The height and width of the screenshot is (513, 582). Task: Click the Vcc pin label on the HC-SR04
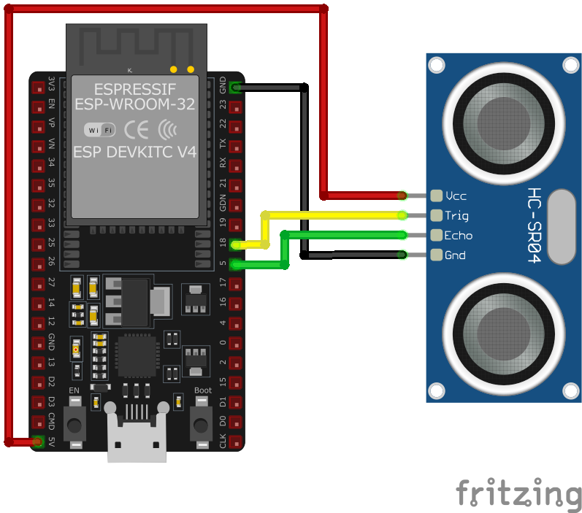pos(456,196)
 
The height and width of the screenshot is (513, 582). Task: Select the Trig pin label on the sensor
pos(456,215)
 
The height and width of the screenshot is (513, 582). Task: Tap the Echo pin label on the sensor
pos(458,235)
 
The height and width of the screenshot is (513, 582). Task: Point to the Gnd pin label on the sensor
pos(455,255)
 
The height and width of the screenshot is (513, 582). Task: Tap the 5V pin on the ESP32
pos(38,441)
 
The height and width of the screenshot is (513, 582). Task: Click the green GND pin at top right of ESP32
pos(234,88)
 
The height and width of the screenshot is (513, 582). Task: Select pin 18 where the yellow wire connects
pos(234,244)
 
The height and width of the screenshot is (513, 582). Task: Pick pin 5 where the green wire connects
pos(234,264)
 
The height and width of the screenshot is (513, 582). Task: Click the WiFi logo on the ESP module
pos(100,130)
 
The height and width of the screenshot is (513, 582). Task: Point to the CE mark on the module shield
pos(137,130)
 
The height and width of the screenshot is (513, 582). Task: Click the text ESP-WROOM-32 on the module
pos(135,104)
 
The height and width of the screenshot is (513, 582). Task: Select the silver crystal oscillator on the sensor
pos(560,226)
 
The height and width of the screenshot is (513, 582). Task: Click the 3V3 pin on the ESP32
pos(38,88)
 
